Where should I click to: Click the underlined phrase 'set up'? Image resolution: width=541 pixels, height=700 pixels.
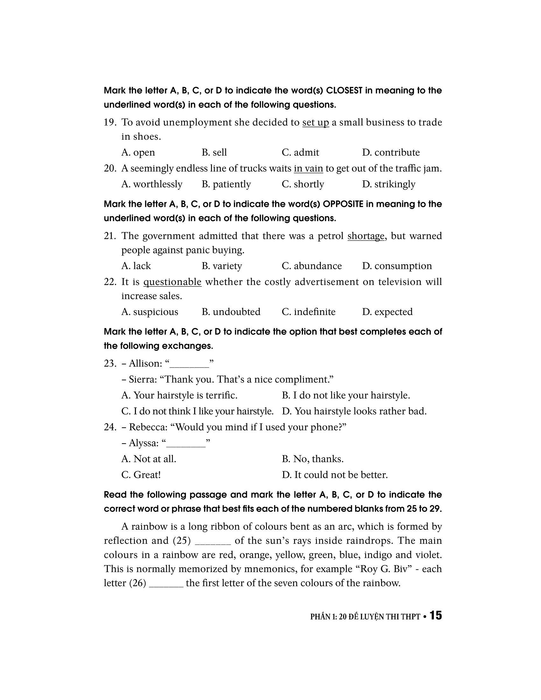coord(315,122)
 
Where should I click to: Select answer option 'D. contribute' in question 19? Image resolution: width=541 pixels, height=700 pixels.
coord(391,152)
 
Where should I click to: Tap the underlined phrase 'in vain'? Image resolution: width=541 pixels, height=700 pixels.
coord(308,168)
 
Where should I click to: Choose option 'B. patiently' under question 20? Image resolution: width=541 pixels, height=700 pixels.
coord(226,184)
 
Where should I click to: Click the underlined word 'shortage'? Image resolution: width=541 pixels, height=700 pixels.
coord(366,236)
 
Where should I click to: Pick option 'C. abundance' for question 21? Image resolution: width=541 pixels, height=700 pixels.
coord(312,266)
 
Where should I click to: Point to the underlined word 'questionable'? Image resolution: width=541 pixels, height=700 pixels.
coord(172,282)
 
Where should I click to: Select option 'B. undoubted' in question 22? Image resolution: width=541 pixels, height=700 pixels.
coord(231,312)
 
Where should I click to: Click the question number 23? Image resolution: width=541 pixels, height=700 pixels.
coord(109,363)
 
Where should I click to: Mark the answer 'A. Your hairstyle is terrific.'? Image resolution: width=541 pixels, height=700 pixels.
coord(179,395)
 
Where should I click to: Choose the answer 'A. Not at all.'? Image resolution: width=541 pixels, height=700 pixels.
coord(149,459)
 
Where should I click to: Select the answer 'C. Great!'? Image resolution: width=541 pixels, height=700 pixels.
coord(141,475)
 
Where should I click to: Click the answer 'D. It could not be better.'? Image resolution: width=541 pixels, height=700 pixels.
coord(334,475)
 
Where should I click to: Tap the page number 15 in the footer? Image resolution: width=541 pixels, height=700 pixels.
coord(436,616)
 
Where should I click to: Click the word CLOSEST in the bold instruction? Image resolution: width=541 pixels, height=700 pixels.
coord(344,91)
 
